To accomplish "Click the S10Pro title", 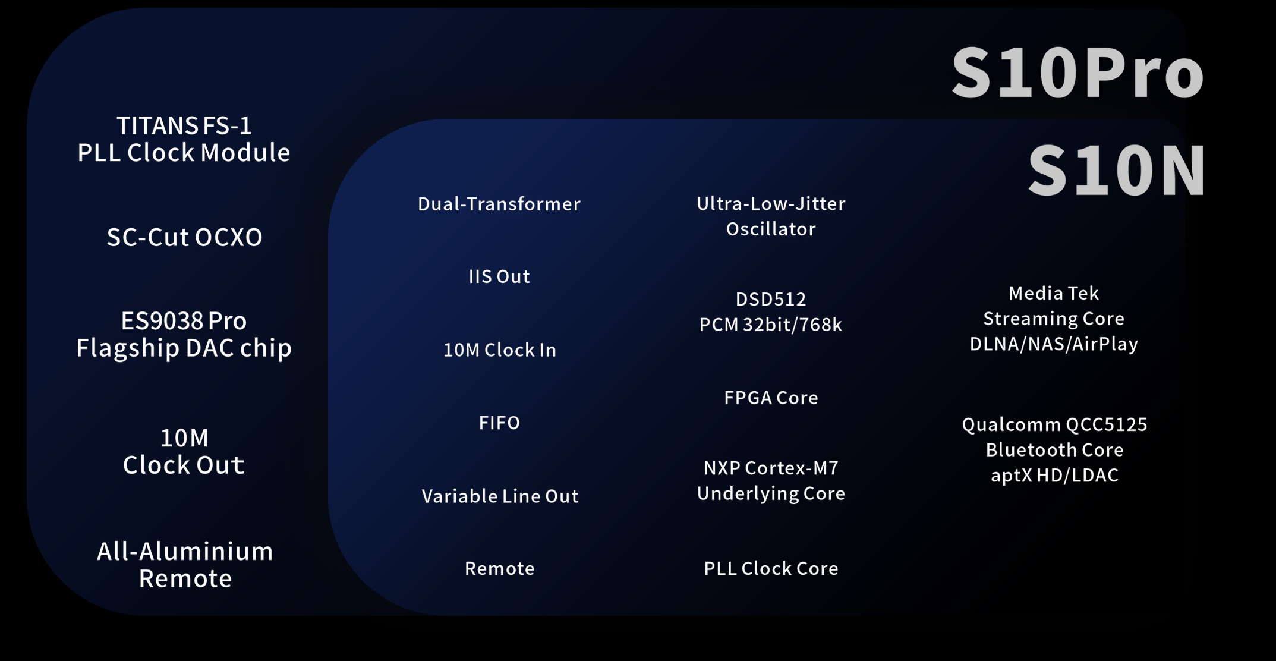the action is (1077, 73).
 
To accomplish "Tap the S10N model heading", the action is (1117, 171).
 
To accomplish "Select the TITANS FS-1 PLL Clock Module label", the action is (184, 139).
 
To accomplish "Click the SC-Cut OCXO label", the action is (184, 237).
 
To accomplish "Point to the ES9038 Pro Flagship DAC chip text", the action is (184, 335).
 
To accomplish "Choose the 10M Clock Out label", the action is (184, 452).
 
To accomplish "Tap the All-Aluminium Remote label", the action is (185, 565).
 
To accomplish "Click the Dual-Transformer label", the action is (499, 204).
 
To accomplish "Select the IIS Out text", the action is (499, 276).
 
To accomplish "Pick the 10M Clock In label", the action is (500, 350).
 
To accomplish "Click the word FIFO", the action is (499, 423).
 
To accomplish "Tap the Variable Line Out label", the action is (500, 496).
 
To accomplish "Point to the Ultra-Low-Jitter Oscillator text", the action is (771, 216).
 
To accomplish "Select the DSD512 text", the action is (771, 299).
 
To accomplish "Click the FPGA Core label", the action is (771, 398).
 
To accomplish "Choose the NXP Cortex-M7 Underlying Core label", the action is (771, 480).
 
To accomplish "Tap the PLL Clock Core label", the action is (771, 568).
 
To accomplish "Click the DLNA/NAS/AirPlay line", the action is (1054, 344).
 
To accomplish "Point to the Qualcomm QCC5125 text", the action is (1054, 424).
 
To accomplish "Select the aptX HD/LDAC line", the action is (1054, 476).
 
